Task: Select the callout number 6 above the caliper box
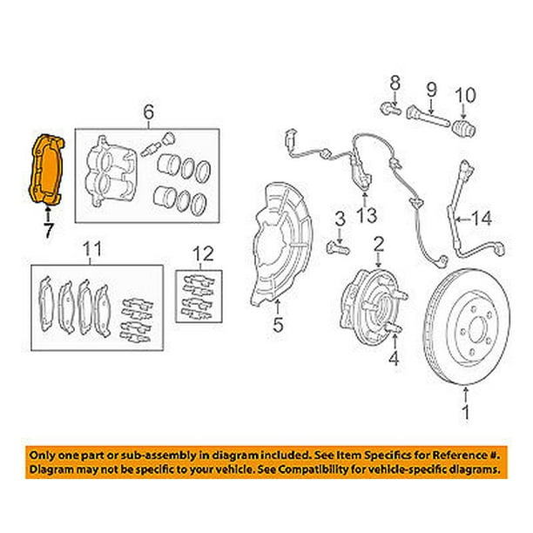coord(147,111)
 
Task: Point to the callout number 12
coord(203,253)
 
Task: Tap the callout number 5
coord(278,329)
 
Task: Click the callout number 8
coord(395,84)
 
